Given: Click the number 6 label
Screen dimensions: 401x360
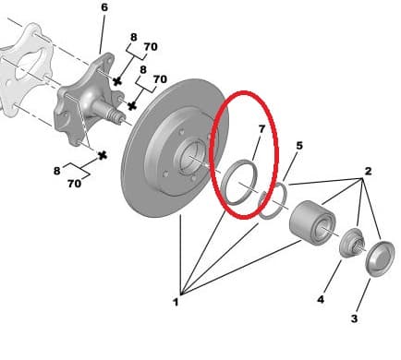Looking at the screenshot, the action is coord(104,7).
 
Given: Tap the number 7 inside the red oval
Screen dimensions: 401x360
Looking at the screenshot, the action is coord(261,129).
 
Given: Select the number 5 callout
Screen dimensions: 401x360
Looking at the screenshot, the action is coord(299,146).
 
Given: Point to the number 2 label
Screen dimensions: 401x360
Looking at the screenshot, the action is coord(368,171).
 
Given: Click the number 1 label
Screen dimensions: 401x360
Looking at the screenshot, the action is coord(176,302).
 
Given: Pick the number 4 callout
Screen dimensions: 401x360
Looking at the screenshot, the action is coord(321,299).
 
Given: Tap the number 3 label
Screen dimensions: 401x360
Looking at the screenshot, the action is coord(354,318).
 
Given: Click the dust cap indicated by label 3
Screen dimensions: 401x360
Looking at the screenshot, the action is coord(380,258).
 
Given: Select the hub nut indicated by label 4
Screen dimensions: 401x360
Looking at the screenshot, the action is coord(353,243).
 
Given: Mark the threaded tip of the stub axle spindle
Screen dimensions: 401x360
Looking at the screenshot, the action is coord(117,117).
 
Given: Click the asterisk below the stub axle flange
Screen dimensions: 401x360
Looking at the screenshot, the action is coord(103,156).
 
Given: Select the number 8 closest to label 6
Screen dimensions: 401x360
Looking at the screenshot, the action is coord(133,37).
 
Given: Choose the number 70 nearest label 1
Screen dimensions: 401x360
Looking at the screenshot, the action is coord(74,184).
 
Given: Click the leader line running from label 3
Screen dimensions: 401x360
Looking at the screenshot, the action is coord(363,295).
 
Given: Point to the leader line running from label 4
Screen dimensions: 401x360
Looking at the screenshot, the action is coord(333,277).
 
